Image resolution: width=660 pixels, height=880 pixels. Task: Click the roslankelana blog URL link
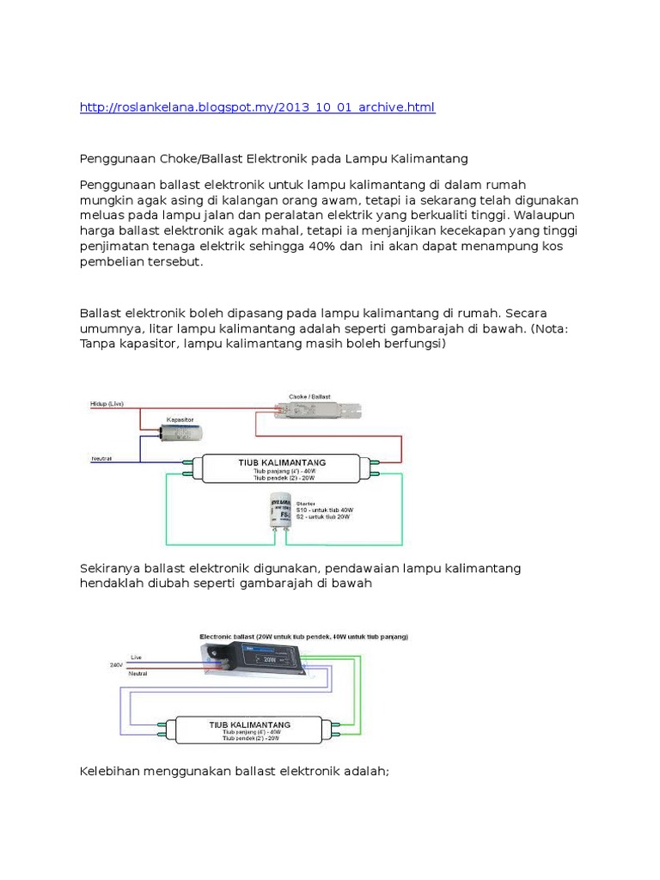coord(257,107)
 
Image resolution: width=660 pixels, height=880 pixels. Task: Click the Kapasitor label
coord(180,419)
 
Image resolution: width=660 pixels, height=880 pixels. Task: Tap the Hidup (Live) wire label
coord(107,402)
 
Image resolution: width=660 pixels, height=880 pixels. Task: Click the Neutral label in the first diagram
coord(101,458)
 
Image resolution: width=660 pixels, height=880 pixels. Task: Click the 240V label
coord(116,664)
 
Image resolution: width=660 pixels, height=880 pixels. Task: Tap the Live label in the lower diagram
coord(136,657)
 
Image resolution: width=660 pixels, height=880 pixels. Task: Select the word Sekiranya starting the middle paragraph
coord(109,568)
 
